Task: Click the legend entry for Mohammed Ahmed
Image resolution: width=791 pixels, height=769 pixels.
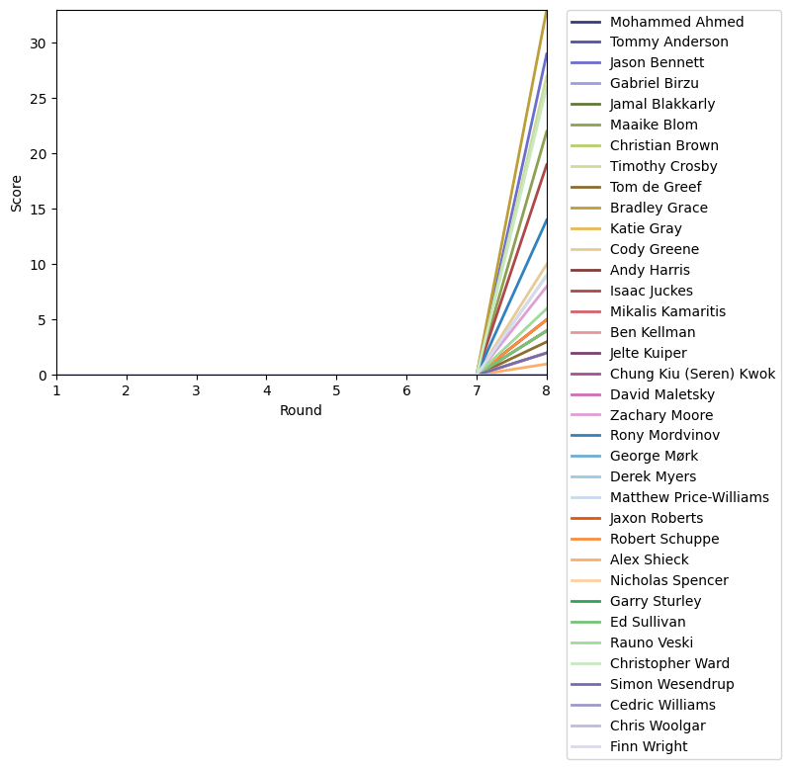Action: [x=676, y=22]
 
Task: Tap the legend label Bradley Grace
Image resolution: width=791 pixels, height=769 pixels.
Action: [x=659, y=209]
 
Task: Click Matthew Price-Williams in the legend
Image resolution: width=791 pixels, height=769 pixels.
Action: [x=689, y=497]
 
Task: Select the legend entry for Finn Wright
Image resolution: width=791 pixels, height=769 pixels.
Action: [x=649, y=746]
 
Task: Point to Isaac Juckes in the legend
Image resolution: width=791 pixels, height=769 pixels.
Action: [x=651, y=292]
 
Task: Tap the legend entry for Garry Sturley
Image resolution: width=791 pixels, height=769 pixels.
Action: [x=656, y=601]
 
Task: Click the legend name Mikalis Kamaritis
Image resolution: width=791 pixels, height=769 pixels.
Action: [x=667, y=312]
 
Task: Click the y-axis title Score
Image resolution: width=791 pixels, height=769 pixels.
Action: [x=16, y=193]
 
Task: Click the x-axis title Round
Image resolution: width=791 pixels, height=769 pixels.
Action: [x=301, y=411]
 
